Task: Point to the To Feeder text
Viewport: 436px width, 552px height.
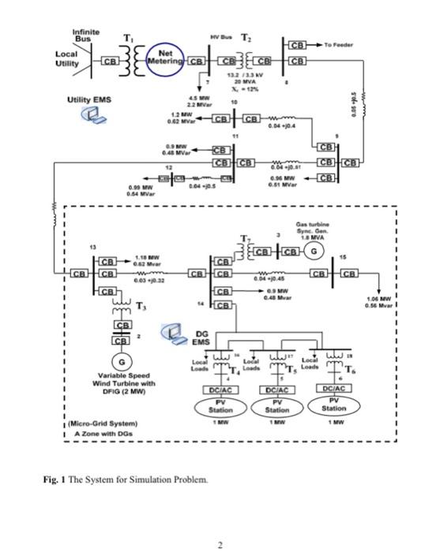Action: point(339,45)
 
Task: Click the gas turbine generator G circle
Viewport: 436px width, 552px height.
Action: point(314,252)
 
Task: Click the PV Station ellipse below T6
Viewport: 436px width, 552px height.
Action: point(334,405)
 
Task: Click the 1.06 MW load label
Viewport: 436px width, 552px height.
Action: point(378,299)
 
